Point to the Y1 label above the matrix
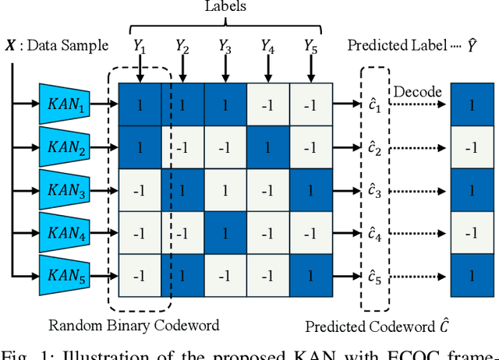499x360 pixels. [x=139, y=46]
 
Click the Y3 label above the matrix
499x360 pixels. [x=225, y=46]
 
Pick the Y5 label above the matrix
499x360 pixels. [x=311, y=46]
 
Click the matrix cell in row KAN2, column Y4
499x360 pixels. [x=268, y=146]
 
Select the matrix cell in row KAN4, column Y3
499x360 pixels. [x=225, y=232]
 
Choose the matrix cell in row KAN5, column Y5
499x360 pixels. [x=311, y=275]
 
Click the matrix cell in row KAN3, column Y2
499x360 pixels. [x=182, y=189]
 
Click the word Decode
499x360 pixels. [x=417, y=92]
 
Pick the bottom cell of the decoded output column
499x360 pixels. [x=471, y=275]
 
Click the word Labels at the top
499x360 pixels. [x=225, y=7]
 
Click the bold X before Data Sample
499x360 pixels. [x=11, y=45]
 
